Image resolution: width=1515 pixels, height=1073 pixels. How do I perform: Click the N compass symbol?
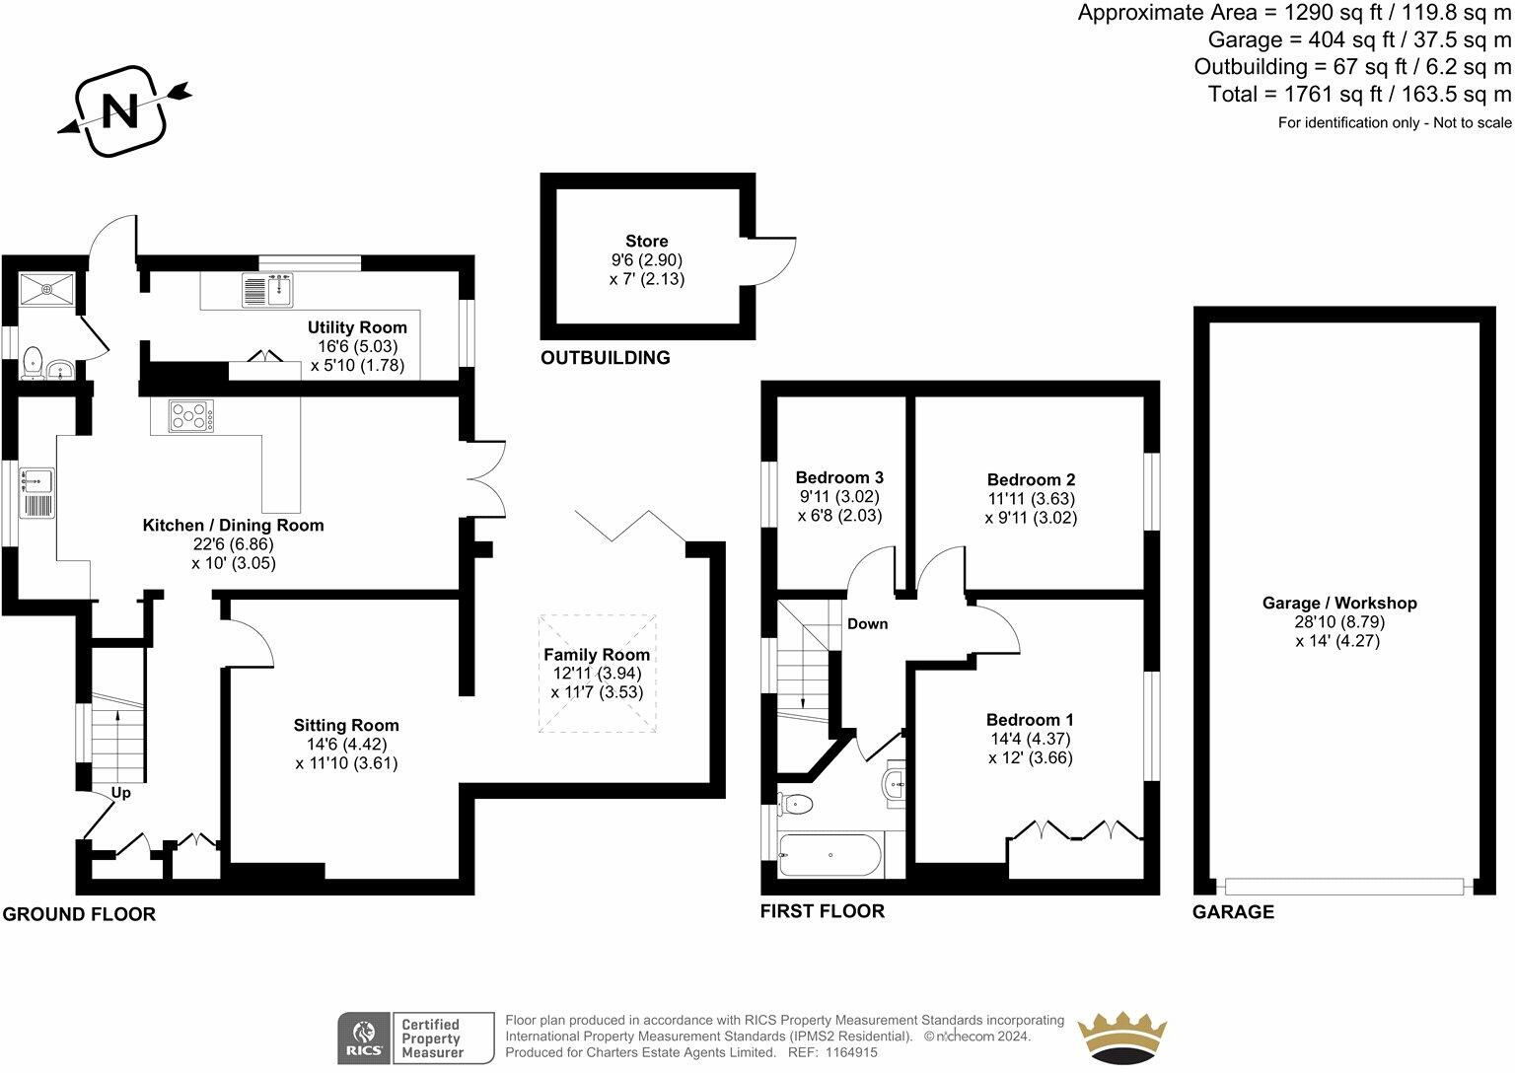tap(121, 110)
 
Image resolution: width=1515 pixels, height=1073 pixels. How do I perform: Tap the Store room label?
tap(646, 241)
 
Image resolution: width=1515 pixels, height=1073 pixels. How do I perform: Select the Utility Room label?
tap(357, 327)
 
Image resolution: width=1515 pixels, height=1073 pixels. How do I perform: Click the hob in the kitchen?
tap(189, 415)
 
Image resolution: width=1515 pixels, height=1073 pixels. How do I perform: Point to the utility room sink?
tap(267, 290)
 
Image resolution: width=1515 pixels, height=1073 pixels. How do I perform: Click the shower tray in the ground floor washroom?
tap(47, 289)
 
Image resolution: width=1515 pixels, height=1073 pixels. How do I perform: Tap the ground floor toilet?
tap(33, 362)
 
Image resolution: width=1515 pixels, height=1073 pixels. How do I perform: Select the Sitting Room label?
tap(346, 725)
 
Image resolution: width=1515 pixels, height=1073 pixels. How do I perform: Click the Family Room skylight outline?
tap(597, 674)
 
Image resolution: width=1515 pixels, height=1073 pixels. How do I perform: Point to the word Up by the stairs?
tap(120, 792)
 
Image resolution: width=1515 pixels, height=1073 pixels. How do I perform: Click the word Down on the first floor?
tap(867, 623)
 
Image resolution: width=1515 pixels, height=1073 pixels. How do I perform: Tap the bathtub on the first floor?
tap(830, 855)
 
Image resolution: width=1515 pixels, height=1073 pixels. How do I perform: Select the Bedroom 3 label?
tap(839, 477)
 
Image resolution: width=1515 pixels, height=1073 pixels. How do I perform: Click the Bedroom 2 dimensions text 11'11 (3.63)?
tap(1031, 499)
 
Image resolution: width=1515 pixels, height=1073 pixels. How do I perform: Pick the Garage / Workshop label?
tap(1339, 603)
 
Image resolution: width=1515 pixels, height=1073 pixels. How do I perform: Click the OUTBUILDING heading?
tap(605, 358)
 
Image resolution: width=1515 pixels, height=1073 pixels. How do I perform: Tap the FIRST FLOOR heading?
tap(822, 911)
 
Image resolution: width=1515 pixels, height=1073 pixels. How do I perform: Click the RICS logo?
tap(365, 1037)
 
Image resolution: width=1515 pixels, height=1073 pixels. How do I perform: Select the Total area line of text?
tap(1359, 95)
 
